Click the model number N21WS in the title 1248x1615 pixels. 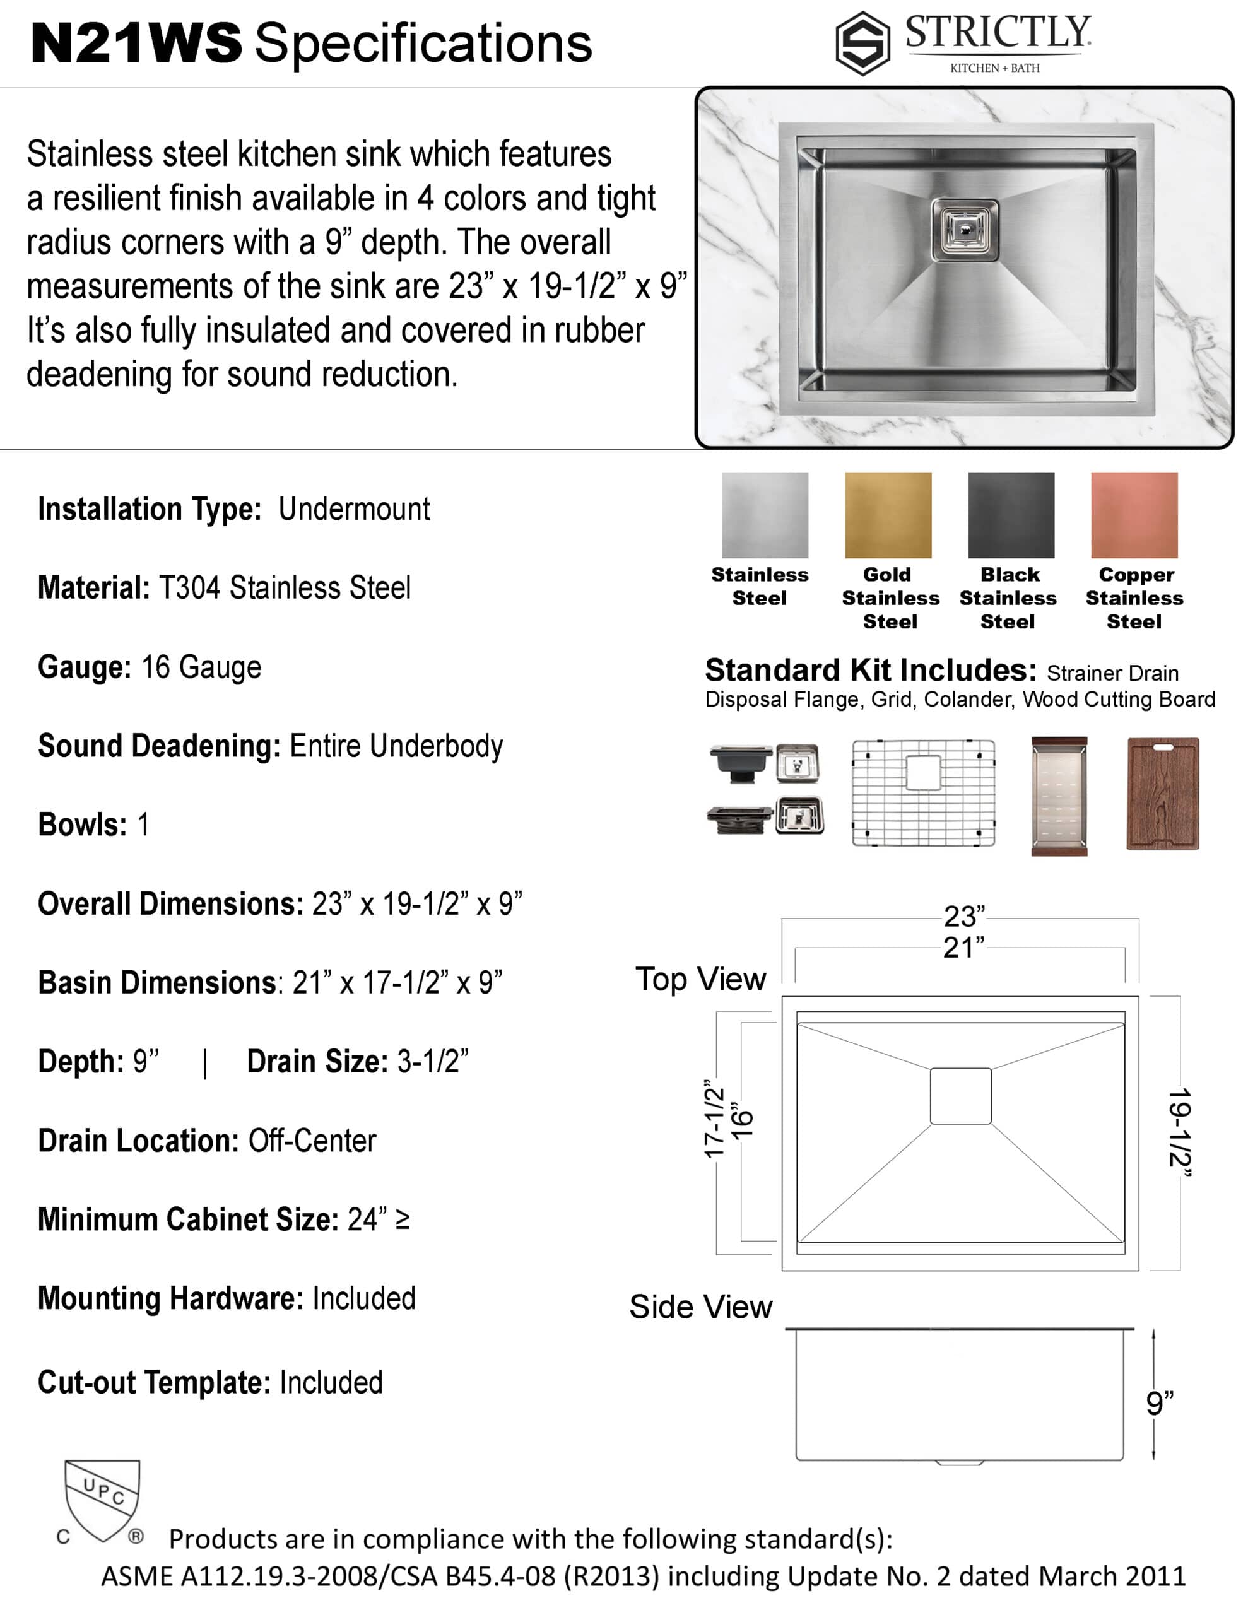click(136, 42)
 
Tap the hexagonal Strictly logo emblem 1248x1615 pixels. click(862, 44)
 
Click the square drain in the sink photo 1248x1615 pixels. click(965, 230)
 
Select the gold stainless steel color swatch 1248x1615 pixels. click(888, 515)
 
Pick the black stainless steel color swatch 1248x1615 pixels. click(1011, 515)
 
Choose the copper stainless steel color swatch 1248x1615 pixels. click(1134, 515)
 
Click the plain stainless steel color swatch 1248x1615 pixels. click(765, 515)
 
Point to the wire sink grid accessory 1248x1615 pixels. click(923, 793)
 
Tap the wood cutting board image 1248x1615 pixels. click(1162, 794)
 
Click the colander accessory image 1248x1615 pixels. click(1059, 796)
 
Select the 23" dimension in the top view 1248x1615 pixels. click(964, 917)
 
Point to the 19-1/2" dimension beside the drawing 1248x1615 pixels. click(1179, 1132)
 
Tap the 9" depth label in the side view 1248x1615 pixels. click(1159, 1403)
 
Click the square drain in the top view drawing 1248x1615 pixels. click(960, 1096)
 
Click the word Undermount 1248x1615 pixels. click(355, 510)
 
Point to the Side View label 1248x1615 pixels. click(700, 1307)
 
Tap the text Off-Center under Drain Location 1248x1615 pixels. click(312, 1141)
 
